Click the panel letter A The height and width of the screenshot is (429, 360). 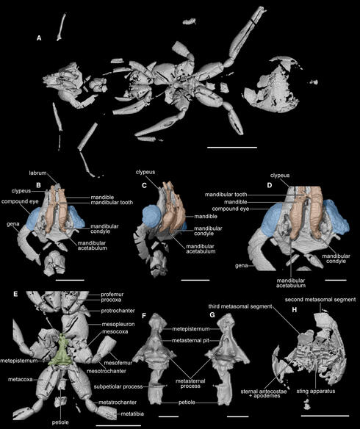tap(39, 38)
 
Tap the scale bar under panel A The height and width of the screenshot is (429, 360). tap(232, 147)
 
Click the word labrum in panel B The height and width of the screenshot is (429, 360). tap(37, 173)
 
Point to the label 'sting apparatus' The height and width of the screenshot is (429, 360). tap(316, 391)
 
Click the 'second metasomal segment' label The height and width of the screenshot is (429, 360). tap(320, 300)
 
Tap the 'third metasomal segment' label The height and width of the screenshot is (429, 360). tap(240, 306)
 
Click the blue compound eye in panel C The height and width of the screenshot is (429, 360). tap(152, 216)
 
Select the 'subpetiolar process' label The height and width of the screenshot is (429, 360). tap(118, 386)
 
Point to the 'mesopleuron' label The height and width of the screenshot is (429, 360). tap(118, 324)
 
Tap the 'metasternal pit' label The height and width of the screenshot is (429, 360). tap(191, 341)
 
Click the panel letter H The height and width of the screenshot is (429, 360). tap(295, 310)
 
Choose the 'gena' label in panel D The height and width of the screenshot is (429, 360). tap(241, 265)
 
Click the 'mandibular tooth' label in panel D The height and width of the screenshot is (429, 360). tap(226, 195)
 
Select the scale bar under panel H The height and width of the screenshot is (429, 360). tap(325, 416)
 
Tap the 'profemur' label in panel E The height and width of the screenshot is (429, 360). tap(112, 295)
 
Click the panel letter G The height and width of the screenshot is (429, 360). tap(212, 315)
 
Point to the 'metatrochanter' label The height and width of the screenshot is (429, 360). tap(118, 403)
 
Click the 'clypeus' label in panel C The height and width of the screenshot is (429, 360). tap(145, 172)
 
